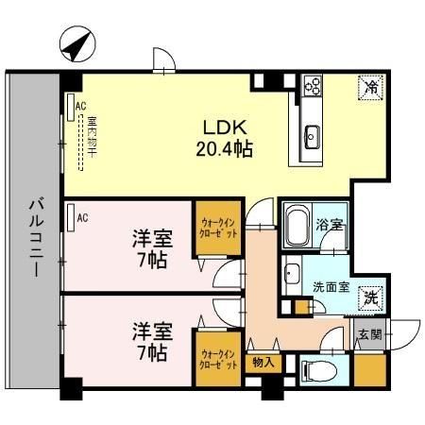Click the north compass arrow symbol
pyautogui.click(x=75, y=43)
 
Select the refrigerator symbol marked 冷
pyautogui.click(x=370, y=89)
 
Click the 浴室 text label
pyautogui.click(x=331, y=227)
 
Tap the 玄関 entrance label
pyautogui.click(x=368, y=333)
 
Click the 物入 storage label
pyautogui.click(x=262, y=361)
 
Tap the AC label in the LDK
pyautogui.click(x=80, y=106)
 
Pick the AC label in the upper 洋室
pyautogui.click(x=83, y=218)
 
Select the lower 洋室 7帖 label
pyautogui.click(x=149, y=343)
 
